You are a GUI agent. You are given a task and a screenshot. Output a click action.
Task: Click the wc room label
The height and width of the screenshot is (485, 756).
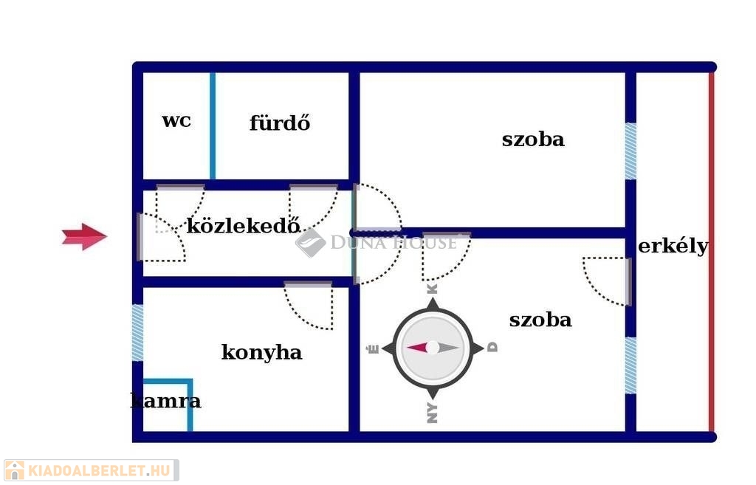click(x=176, y=121)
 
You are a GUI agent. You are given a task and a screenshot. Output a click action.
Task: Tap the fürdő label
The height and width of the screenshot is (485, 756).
click(x=280, y=123)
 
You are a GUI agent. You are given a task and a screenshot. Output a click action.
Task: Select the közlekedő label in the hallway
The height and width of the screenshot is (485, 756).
click(x=244, y=225)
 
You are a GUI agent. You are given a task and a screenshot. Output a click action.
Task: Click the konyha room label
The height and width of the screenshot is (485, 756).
click(x=262, y=352)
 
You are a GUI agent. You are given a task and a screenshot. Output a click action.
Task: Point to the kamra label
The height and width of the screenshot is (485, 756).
click(x=166, y=401)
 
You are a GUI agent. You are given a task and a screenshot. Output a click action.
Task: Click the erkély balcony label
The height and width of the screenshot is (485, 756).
click(x=673, y=247)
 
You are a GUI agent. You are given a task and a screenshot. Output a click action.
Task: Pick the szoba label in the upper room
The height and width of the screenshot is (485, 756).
click(x=533, y=140)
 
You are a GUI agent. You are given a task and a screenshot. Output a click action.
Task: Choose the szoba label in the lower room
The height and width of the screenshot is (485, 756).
click(x=540, y=320)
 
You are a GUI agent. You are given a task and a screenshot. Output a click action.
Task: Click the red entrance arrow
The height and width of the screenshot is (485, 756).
click(x=84, y=236)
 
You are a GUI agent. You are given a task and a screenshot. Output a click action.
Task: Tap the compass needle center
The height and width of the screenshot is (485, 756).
click(x=433, y=347)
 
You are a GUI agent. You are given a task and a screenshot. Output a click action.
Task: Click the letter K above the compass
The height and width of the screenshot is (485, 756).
click(x=433, y=289)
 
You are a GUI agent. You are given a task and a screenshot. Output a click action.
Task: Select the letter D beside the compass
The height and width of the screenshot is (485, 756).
click(x=492, y=347)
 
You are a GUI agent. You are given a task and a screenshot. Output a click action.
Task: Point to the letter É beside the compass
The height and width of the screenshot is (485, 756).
click(x=374, y=348)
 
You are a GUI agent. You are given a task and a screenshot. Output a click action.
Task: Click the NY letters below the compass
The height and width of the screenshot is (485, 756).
click(x=433, y=413)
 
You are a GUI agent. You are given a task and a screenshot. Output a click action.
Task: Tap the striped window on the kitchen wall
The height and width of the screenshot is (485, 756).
click(x=138, y=333)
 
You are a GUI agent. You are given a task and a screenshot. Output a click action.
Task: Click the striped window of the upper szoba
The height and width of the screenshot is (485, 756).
click(x=630, y=151)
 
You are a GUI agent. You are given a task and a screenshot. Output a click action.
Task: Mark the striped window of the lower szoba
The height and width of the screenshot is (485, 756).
click(x=630, y=365)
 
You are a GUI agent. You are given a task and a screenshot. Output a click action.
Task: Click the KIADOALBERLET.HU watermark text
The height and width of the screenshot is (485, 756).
click(x=99, y=470)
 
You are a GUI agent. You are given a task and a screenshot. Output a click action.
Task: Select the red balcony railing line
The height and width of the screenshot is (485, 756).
click(x=712, y=252)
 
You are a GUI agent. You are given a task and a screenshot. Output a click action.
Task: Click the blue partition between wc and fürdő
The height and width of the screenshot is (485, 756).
click(x=213, y=125)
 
